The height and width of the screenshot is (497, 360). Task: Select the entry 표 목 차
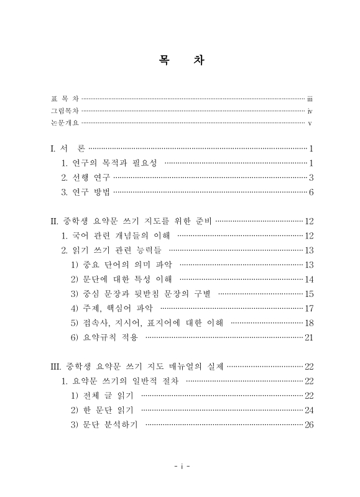pos(65,99)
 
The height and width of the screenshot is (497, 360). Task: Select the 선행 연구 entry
pos(90,177)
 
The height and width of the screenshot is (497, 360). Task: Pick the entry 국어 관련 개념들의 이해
pos(115,235)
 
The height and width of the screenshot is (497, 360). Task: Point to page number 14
pos(308,279)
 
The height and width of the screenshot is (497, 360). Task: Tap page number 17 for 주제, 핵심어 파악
pos(308,308)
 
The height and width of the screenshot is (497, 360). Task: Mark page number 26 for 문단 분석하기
pos(308,424)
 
